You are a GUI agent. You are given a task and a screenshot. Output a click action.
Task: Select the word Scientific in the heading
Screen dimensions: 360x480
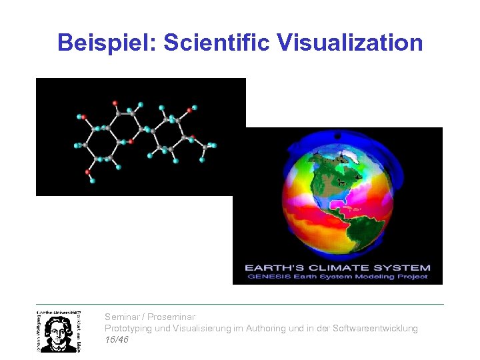(x=217, y=43)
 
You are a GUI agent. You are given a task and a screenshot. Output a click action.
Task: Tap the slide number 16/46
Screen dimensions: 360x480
(x=117, y=340)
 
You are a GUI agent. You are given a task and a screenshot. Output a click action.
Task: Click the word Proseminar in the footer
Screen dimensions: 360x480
(x=171, y=317)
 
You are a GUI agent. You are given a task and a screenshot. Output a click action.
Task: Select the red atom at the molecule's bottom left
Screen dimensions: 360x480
(x=87, y=172)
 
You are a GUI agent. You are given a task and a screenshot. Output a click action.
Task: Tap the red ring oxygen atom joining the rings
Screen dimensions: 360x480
(x=131, y=141)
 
